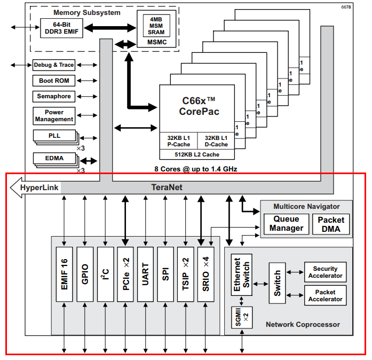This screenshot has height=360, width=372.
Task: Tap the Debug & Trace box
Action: tap(54, 65)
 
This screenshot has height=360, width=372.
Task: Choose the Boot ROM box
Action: tap(54, 81)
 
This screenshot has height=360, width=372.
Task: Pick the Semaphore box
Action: tap(54, 97)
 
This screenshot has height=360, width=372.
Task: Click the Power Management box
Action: tap(54, 116)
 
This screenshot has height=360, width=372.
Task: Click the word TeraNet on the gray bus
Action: tap(181, 187)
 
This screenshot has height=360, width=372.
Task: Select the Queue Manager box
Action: tap(286, 223)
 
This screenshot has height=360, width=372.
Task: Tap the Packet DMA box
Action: tap(331, 223)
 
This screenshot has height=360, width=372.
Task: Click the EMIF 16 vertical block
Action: tap(65, 273)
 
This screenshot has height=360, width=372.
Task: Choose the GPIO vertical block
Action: tap(85, 273)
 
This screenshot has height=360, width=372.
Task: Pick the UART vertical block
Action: tap(146, 273)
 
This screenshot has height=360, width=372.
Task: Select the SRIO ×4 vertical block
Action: tap(206, 273)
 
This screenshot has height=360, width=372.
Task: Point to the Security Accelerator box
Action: tap(325, 272)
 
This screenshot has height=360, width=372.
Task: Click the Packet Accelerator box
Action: tap(325, 295)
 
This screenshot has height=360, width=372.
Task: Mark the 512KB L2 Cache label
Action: tap(197, 154)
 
